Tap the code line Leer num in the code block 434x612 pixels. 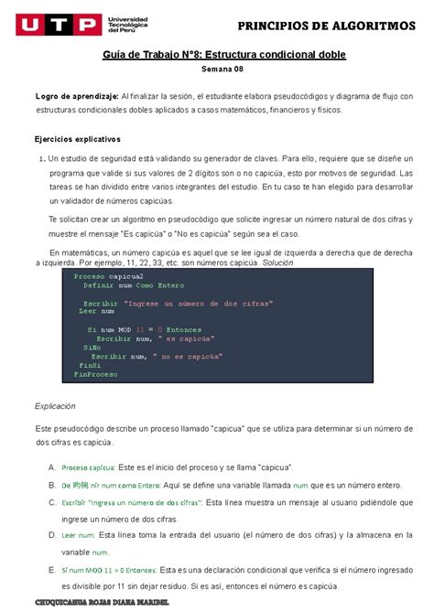[94, 311]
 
